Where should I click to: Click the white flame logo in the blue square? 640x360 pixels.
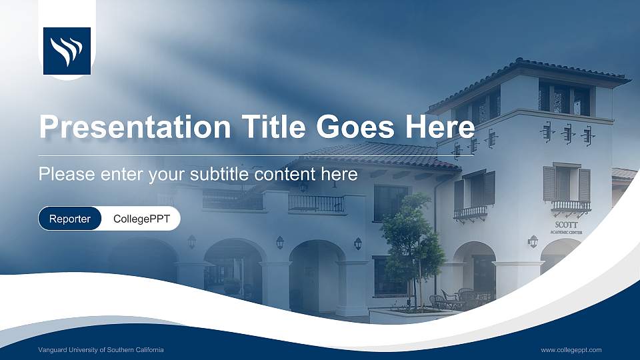click(67, 50)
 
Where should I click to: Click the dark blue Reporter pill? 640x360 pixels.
click(70, 219)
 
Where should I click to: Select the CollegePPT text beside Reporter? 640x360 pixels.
click(141, 219)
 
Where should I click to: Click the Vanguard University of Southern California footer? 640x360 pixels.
click(101, 350)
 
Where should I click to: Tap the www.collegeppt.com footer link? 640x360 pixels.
click(571, 350)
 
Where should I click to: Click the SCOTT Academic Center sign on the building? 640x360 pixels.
click(567, 227)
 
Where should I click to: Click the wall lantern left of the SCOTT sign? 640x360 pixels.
click(533, 241)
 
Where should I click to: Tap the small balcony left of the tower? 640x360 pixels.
click(471, 213)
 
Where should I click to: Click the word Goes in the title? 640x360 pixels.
click(357, 126)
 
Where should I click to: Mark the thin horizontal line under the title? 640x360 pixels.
click(257, 155)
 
